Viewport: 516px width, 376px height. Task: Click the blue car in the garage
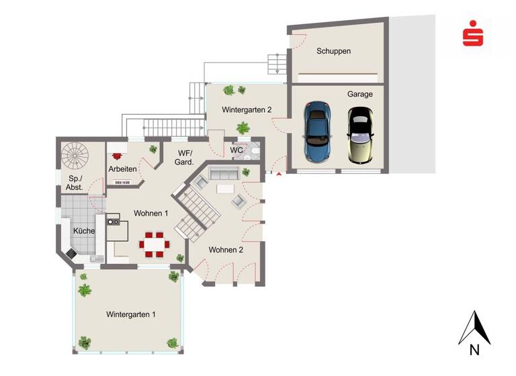point(316,132)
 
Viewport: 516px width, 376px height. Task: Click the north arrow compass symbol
point(474,328)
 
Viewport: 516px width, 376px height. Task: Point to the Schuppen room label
point(334,51)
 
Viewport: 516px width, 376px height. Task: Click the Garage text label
point(359,95)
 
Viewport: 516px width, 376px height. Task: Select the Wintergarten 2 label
point(247,109)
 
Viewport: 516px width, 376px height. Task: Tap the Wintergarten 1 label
point(131,314)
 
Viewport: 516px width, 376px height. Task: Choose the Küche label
point(83,231)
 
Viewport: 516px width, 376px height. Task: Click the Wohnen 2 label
point(226,250)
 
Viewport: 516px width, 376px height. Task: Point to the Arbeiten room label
point(123,169)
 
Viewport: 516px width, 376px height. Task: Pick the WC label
point(236,150)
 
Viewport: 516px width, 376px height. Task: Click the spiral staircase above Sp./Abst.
point(75,156)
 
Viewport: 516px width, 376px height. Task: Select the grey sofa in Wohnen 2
point(223,174)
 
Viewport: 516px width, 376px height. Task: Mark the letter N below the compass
point(474,350)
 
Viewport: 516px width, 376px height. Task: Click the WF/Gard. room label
point(185,158)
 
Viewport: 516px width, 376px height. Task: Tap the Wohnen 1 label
point(150,214)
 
